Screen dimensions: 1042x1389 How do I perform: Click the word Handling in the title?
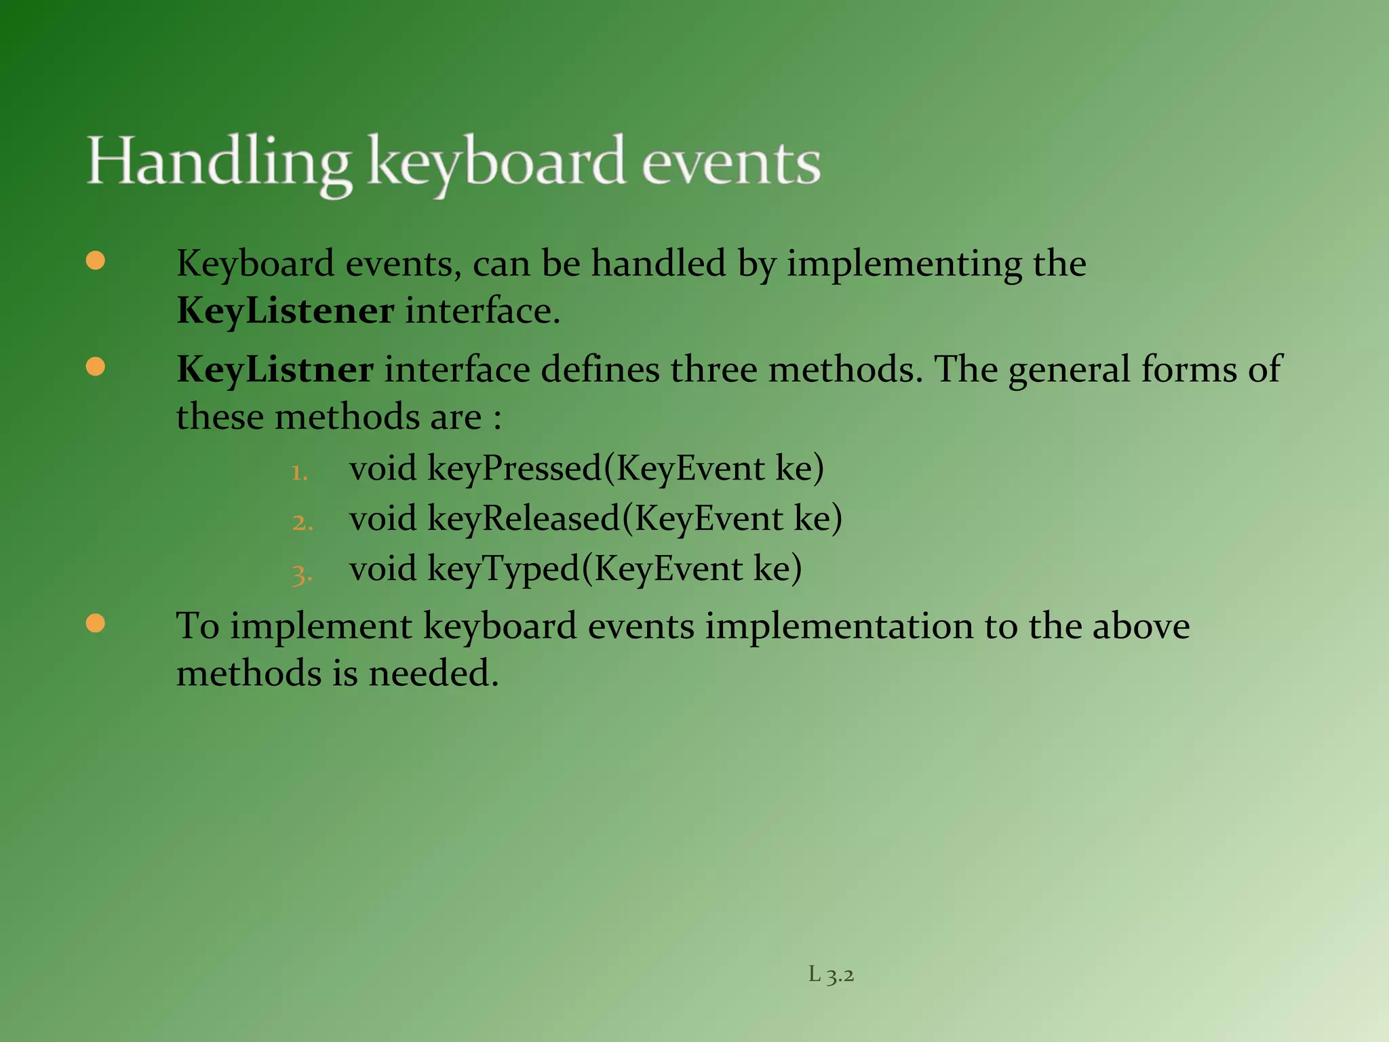click(218, 163)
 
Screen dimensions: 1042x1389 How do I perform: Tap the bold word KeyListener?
click(285, 311)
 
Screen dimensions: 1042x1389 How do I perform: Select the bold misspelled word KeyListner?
click(275, 370)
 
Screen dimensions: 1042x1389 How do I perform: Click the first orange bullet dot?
click(96, 261)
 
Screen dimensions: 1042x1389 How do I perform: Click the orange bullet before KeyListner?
click(96, 367)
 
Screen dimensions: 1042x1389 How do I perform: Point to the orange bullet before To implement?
click(96, 623)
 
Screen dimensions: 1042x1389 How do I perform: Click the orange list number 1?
click(299, 471)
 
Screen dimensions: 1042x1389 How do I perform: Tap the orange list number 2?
click(302, 522)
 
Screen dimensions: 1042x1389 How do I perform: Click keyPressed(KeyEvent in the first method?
click(595, 469)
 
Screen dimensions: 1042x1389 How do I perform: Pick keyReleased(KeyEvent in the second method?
click(605, 519)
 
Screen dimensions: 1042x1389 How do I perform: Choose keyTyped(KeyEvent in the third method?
click(585, 568)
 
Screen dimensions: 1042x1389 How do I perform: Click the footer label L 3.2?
click(831, 975)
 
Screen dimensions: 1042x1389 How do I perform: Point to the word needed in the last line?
click(433, 674)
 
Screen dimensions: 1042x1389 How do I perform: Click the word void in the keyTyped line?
click(383, 568)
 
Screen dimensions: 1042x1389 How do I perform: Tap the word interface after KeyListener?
click(482, 311)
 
